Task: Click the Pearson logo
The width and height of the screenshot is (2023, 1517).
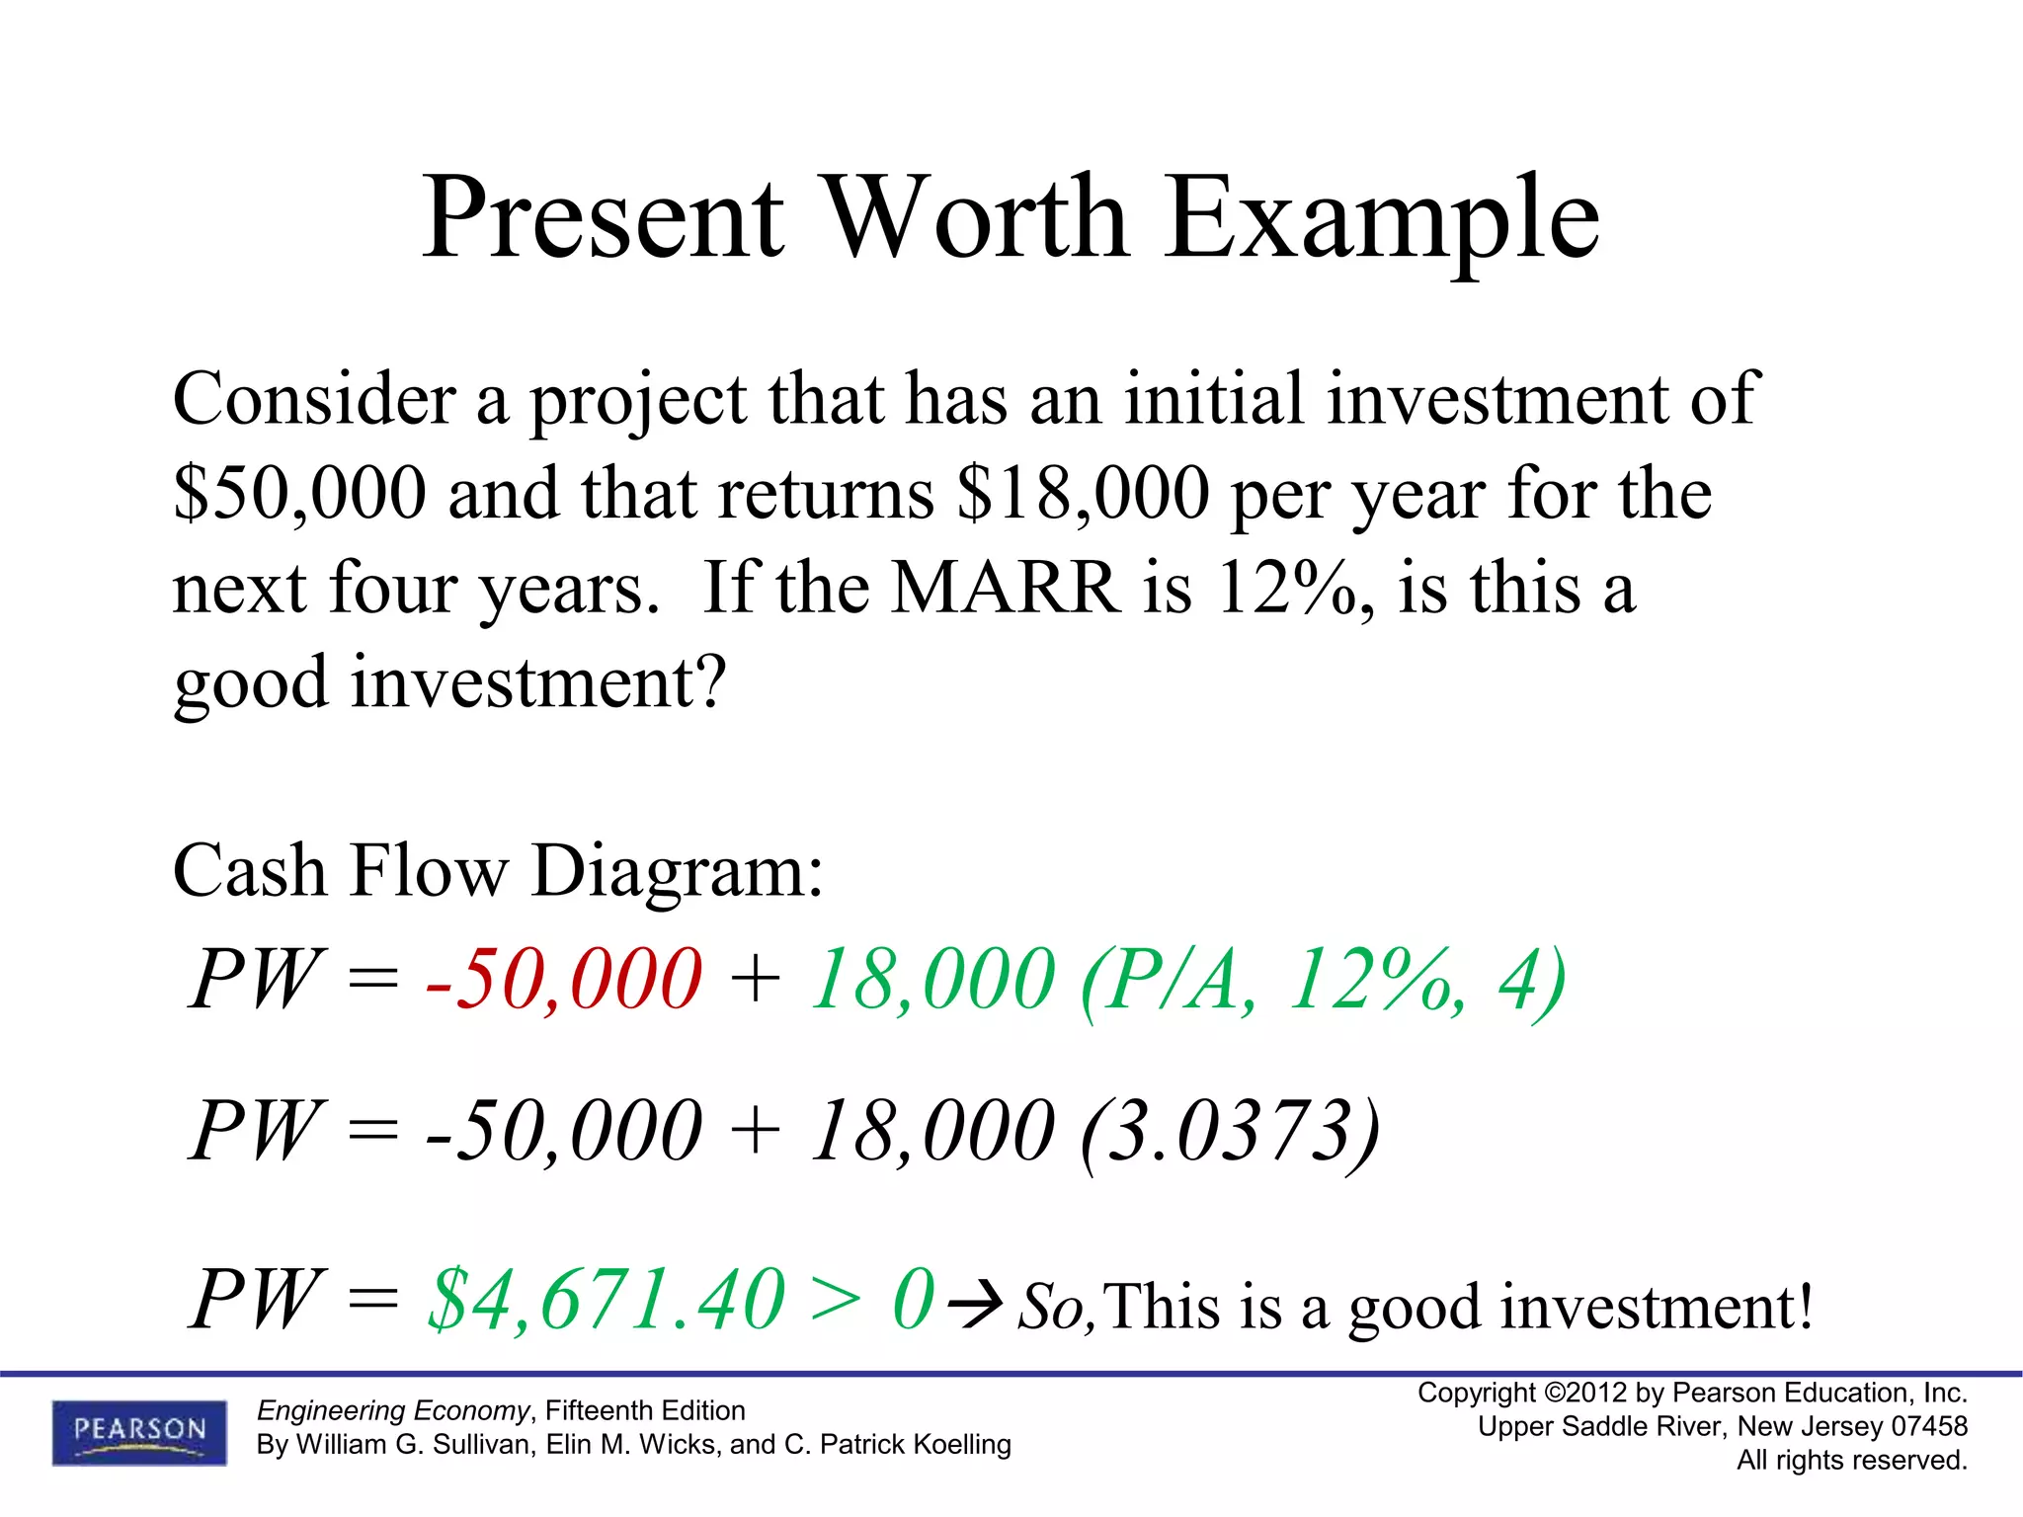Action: tap(139, 1431)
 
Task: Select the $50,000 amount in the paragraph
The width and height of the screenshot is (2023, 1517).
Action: tap(299, 493)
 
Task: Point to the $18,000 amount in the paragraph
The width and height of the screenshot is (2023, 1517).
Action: tap(1083, 493)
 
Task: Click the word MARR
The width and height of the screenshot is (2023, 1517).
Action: tap(1006, 588)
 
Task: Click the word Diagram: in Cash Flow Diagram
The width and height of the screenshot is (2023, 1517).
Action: tap(677, 871)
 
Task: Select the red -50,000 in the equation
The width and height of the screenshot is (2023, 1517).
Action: tap(564, 979)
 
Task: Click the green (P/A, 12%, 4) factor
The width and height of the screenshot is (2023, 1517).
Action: tap(1324, 981)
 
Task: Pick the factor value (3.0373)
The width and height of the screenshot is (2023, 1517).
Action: tap(1230, 1132)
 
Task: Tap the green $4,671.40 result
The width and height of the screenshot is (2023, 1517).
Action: tap(606, 1300)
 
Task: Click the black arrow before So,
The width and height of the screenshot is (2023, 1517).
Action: tap(975, 1305)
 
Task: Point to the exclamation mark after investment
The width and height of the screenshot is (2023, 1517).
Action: tap(1805, 1305)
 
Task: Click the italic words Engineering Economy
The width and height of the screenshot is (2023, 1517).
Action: tap(393, 1410)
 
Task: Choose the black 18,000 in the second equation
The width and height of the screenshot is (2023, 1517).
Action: tap(931, 1132)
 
